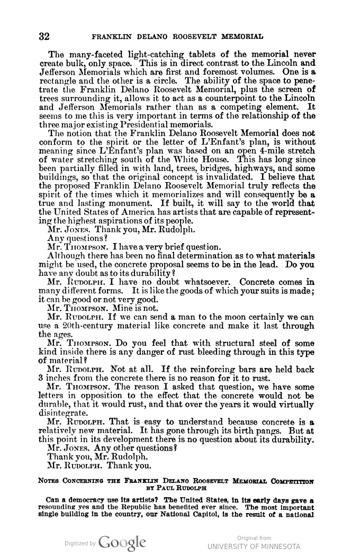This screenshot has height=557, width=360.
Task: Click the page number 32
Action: click(44, 37)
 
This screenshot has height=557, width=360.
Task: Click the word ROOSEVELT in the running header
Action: click(202, 37)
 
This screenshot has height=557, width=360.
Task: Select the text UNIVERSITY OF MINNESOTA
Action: click(254, 546)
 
